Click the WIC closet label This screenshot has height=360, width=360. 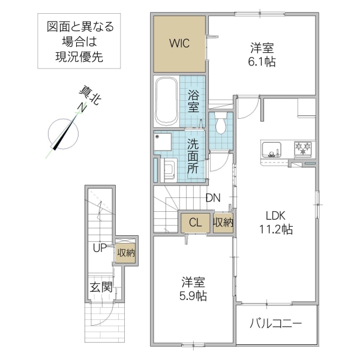point(178,43)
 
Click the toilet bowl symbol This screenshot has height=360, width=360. point(220,124)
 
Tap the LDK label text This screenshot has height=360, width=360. point(275,215)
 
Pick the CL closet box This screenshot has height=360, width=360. point(195,222)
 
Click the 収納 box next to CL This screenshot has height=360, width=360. point(223,222)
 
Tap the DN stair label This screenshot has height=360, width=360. point(212,197)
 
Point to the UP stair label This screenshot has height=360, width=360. point(100,247)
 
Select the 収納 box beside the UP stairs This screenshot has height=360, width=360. point(125,253)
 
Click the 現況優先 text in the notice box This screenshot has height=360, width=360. point(79,58)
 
